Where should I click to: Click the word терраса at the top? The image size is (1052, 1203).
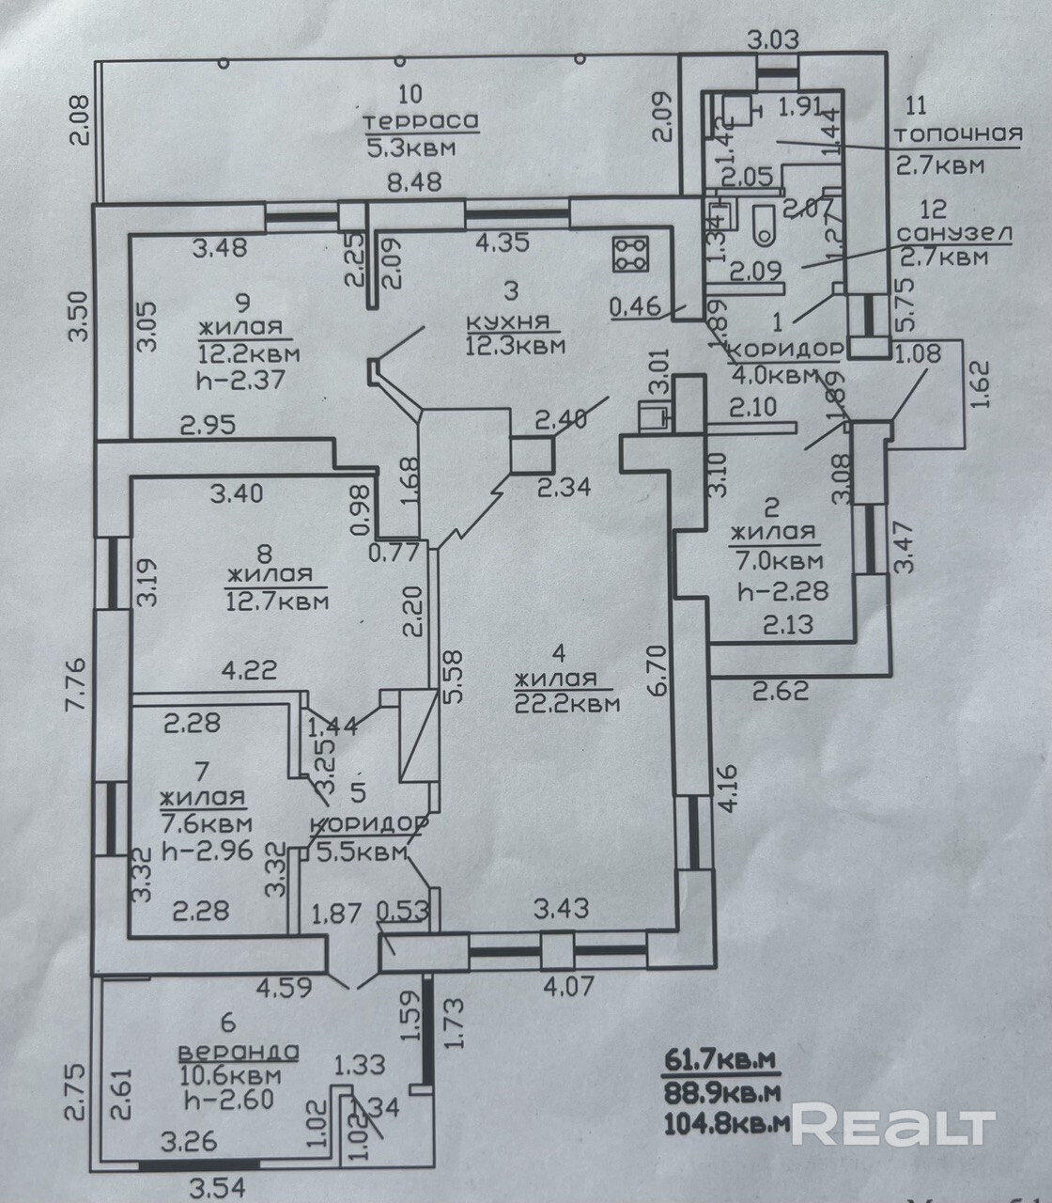(421, 121)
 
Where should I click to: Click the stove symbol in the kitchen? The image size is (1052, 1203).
(630, 253)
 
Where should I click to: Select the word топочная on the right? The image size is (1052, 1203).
(958, 134)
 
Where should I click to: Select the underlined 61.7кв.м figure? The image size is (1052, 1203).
(721, 1061)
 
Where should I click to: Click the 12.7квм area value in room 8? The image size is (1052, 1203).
(277, 600)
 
